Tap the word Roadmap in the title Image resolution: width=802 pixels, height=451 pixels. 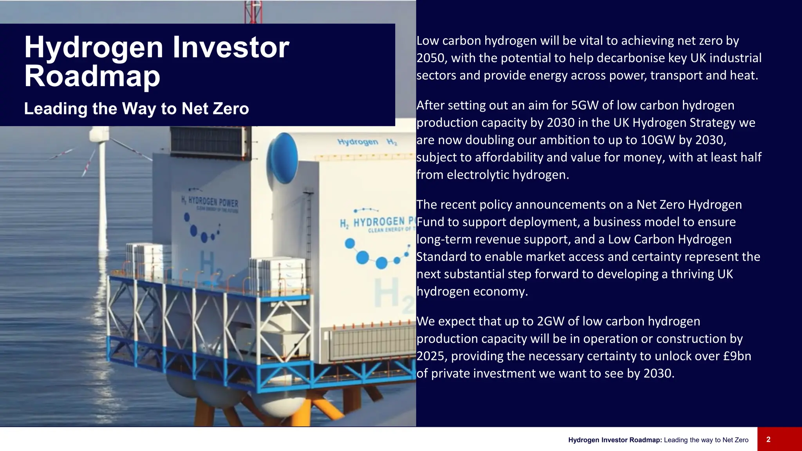(92, 76)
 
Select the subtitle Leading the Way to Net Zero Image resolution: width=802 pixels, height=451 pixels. (136, 109)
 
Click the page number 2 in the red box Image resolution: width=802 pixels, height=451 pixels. (768, 440)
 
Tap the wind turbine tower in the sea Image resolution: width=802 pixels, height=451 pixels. (103, 196)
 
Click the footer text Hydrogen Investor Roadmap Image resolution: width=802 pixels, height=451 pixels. (615, 440)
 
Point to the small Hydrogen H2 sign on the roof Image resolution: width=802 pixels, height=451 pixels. (367, 142)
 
